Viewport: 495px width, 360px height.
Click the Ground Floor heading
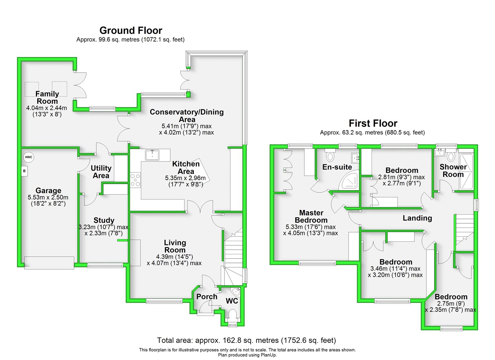click(x=131, y=31)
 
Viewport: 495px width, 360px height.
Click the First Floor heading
click(x=373, y=124)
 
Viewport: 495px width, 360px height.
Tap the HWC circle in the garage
click(x=29, y=157)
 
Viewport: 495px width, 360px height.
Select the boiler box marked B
click(x=24, y=171)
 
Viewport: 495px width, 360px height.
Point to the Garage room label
click(x=49, y=191)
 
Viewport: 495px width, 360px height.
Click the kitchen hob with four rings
click(x=135, y=180)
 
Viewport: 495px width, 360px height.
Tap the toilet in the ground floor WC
click(x=233, y=314)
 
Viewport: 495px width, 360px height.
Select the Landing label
click(x=417, y=218)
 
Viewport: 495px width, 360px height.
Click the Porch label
click(x=207, y=297)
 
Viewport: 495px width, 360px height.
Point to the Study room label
click(x=104, y=220)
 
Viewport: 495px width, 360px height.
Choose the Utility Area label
click(x=101, y=172)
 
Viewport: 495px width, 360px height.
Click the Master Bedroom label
click(x=311, y=216)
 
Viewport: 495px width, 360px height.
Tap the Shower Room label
click(x=453, y=170)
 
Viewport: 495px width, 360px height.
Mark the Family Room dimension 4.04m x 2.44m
click(x=47, y=108)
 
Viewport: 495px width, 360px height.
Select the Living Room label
click(x=175, y=246)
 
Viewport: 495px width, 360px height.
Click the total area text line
click(x=247, y=340)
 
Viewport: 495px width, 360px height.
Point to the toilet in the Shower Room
click(x=451, y=156)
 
